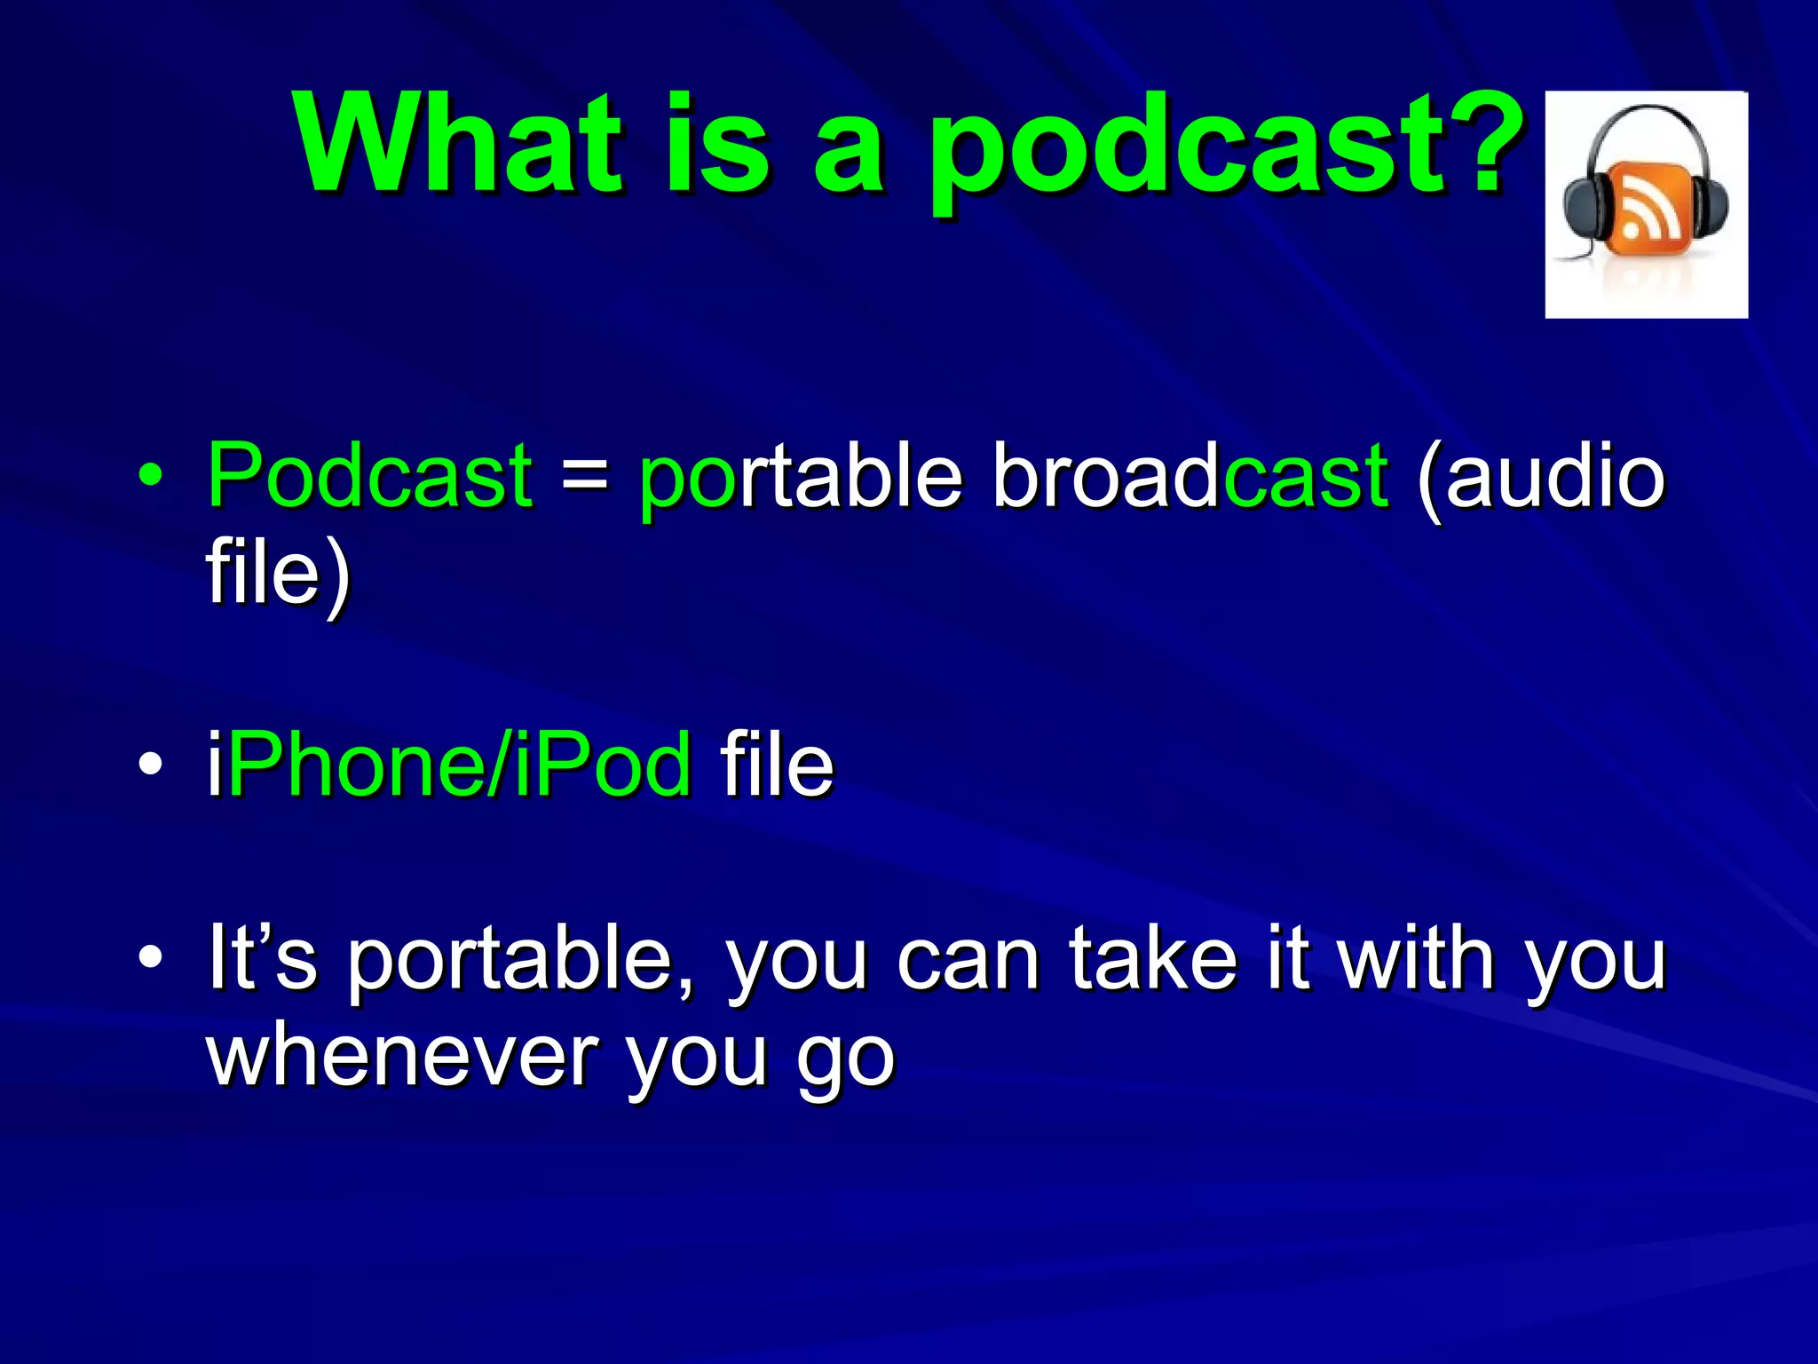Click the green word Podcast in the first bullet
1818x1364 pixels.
(369, 476)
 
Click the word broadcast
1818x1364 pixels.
(1190, 476)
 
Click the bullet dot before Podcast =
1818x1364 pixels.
(150, 476)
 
